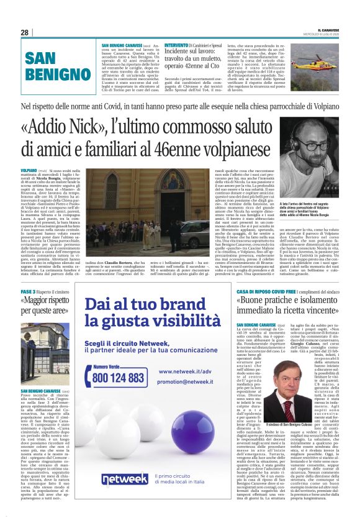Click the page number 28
pyautogui.click(x=25, y=32)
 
